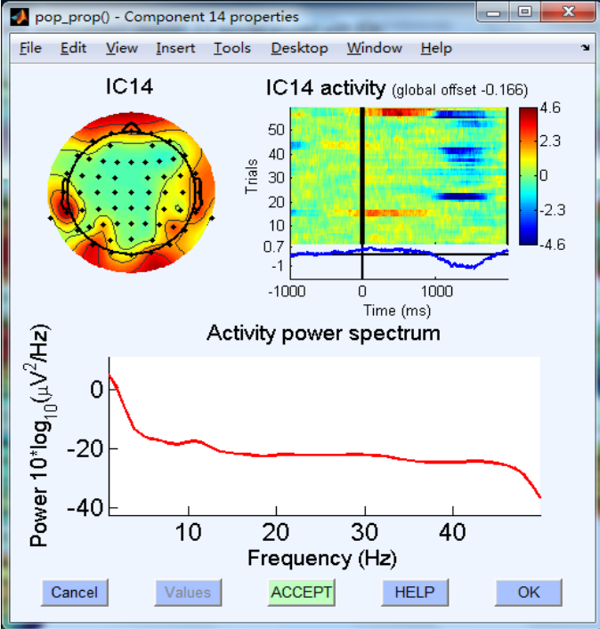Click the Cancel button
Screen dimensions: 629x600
[x=73, y=592]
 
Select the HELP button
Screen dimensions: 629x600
[x=415, y=592]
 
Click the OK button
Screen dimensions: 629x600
[x=529, y=592]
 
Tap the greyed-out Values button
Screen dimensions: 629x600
[x=188, y=592]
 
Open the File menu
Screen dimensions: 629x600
[x=30, y=48]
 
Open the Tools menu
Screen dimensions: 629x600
[x=231, y=48]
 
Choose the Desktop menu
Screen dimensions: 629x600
[x=299, y=48]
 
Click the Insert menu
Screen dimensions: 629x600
[x=175, y=48]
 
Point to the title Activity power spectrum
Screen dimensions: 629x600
[x=323, y=334]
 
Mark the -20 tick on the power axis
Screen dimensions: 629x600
[x=88, y=448]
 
